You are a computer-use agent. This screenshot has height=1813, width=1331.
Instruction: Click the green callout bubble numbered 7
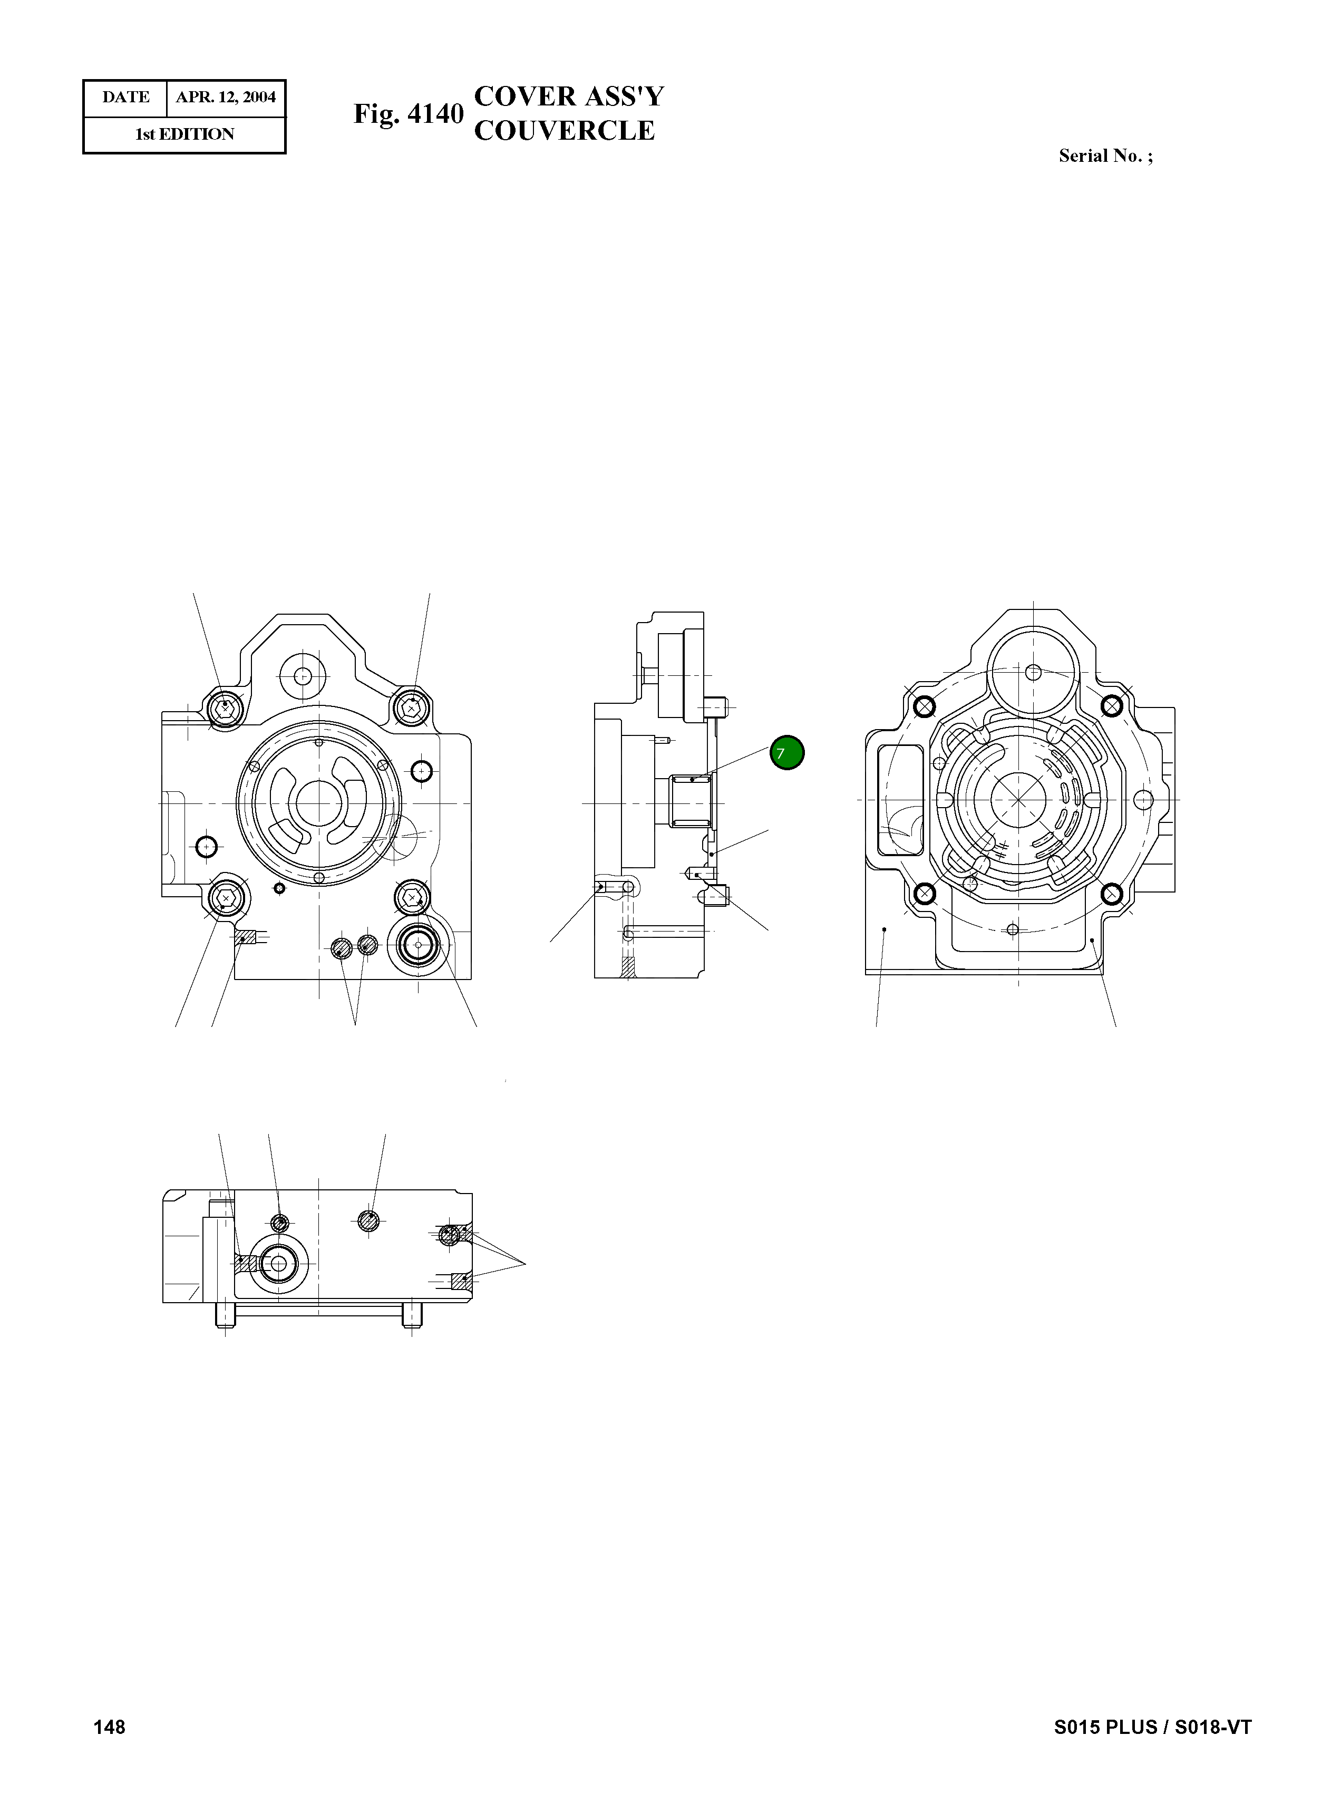pos(786,753)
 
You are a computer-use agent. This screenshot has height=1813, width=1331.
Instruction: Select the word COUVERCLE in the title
pos(564,131)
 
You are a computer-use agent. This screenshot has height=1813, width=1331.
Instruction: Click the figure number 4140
pos(435,114)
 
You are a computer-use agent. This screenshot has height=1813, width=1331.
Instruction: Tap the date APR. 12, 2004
pos(226,98)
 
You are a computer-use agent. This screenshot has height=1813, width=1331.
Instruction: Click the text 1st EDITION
pos(184,134)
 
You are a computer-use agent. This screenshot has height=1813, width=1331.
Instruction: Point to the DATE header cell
pos(125,98)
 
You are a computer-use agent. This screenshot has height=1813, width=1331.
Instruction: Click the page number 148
pos(110,1726)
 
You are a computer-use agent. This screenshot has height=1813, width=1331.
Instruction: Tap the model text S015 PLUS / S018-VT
pos(1152,1726)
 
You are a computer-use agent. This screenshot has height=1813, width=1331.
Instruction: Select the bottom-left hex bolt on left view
pos(226,897)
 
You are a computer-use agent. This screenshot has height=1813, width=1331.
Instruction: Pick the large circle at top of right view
pos(1034,671)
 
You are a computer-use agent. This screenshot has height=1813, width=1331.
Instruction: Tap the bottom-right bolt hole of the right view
pos(1111,894)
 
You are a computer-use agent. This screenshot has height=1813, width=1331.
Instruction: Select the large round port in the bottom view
pos(278,1264)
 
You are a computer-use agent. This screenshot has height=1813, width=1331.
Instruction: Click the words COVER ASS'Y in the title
pos(569,96)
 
